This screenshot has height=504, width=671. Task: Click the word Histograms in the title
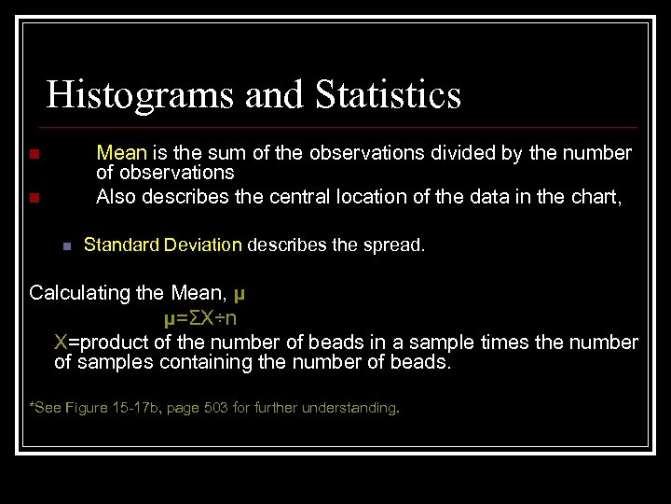point(129,95)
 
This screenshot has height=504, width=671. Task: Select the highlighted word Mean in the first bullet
point(121,153)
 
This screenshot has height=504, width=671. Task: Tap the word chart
point(596,197)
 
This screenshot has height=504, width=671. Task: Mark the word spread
point(395,245)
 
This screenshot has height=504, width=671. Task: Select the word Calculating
point(80,293)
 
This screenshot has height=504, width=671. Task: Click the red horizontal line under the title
point(340,127)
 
